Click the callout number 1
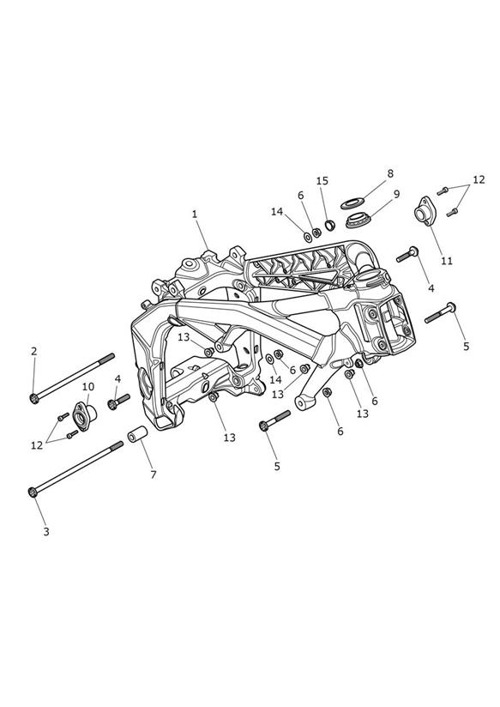pyautogui.click(x=195, y=215)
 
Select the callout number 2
pyautogui.click(x=33, y=351)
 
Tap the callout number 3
pyautogui.click(x=46, y=532)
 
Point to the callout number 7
pyautogui.click(x=154, y=474)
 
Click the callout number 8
pyautogui.click(x=390, y=173)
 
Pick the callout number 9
pyautogui.click(x=396, y=194)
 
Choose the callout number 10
pyautogui.click(x=88, y=386)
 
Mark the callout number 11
pyautogui.click(x=446, y=261)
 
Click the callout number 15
pyautogui.click(x=322, y=181)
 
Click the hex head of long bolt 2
pyautogui.click(x=34, y=398)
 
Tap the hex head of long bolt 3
pyautogui.click(x=32, y=492)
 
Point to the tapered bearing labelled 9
pyautogui.click(x=358, y=220)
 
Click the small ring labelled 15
pyautogui.click(x=330, y=224)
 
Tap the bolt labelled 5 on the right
pyautogui.click(x=440, y=313)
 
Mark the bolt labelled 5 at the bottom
pyautogui.click(x=274, y=420)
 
